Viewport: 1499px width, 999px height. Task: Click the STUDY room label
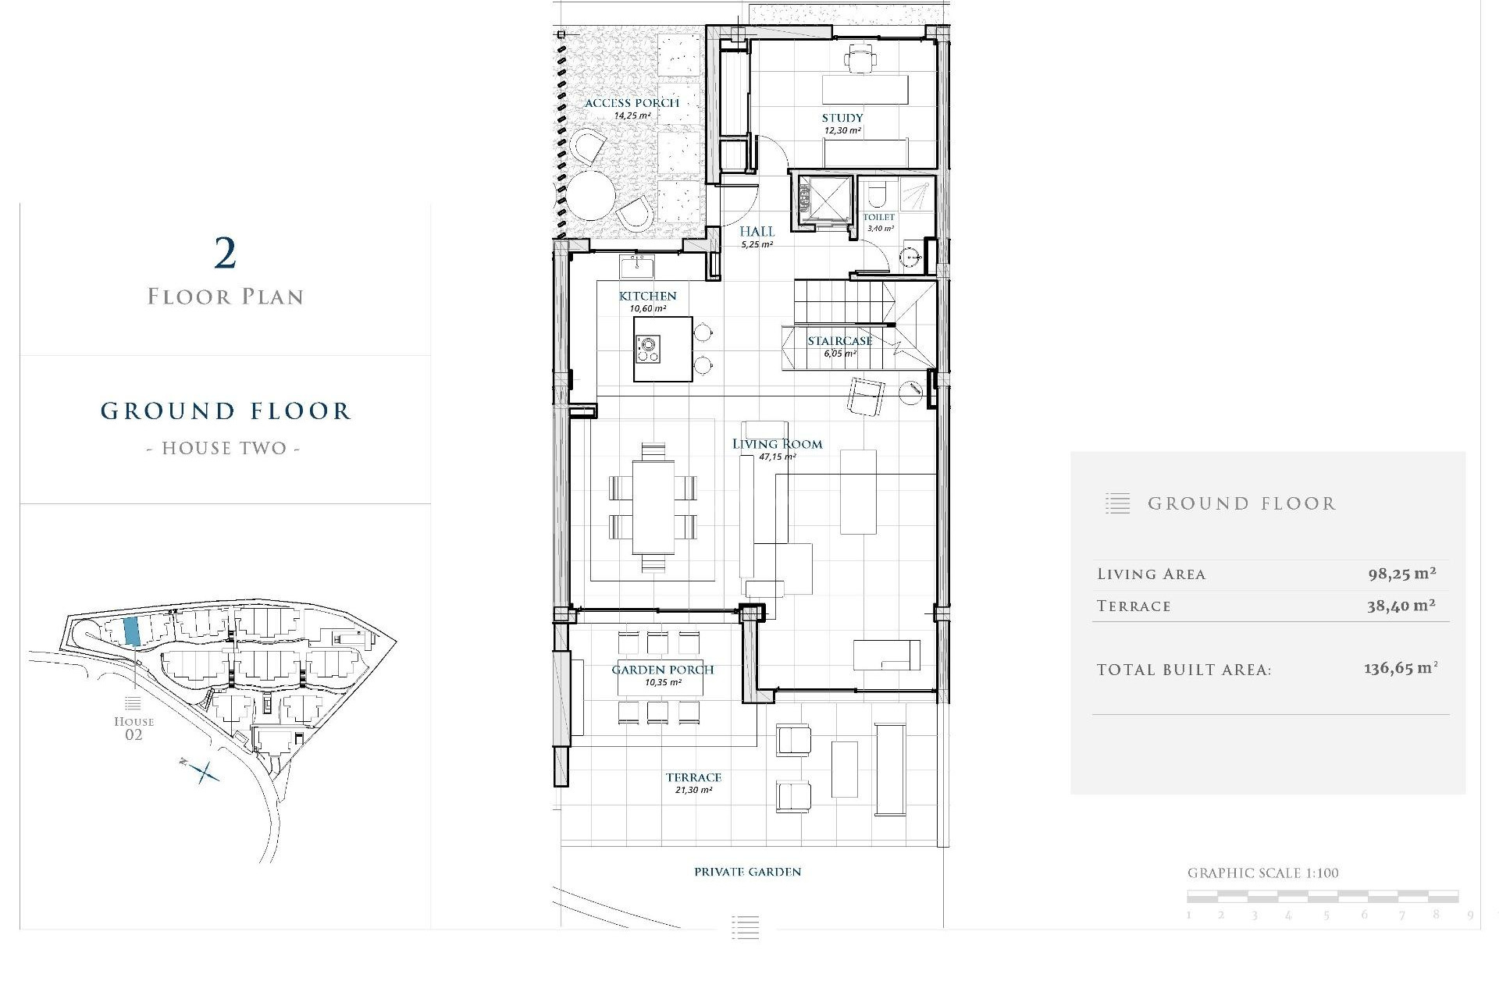click(842, 118)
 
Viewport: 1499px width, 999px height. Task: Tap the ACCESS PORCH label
click(632, 103)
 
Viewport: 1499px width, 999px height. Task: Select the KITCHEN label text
click(647, 296)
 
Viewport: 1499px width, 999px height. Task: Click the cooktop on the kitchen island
click(648, 348)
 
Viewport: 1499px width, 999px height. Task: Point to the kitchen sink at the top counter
click(637, 267)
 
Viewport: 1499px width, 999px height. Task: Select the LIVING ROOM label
click(777, 444)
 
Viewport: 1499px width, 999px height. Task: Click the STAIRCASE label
click(840, 341)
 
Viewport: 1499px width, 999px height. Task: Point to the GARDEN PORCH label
click(662, 670)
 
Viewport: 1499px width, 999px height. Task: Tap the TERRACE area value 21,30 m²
click(693, 790)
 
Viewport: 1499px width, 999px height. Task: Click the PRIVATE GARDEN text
click(747, 872)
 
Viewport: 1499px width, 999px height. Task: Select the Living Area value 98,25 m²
click(1401, 574)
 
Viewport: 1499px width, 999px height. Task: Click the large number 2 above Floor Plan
click(225, 254)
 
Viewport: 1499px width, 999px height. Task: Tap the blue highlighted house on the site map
click(132, 631)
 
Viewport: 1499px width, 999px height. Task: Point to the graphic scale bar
click(1323, 896)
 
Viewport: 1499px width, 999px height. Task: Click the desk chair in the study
click(860, 57)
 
